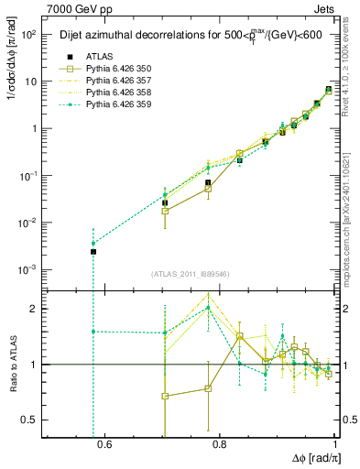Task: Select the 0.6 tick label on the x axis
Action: click(104, 445)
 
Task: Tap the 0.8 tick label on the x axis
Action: click(220, 445)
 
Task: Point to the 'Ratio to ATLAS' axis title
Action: click(13, 365)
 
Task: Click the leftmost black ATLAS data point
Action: click(93, 251)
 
